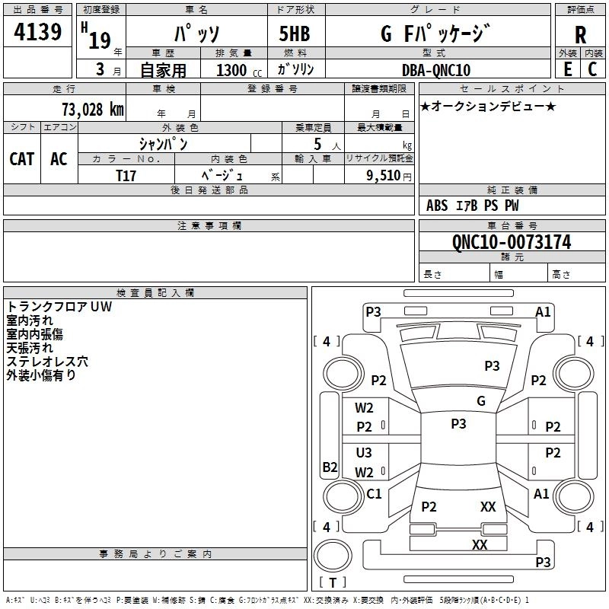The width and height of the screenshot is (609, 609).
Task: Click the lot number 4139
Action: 37,32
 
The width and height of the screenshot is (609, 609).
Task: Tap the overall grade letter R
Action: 580,35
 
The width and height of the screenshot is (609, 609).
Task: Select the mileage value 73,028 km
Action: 93,109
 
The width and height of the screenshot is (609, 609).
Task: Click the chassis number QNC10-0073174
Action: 512,241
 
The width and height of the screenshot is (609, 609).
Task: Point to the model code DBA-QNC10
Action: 436,70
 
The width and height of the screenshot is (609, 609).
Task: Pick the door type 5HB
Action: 295,33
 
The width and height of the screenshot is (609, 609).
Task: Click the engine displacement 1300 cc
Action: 239,70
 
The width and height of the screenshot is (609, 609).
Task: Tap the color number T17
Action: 126,176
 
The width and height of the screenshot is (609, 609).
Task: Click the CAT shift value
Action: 22,158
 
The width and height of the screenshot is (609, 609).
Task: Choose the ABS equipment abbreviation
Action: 437,205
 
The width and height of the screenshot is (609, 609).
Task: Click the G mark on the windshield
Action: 481,400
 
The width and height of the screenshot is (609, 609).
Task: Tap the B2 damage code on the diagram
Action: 330,467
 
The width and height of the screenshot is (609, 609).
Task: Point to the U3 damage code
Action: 364,452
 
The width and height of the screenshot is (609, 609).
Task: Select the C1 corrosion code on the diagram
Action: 374,493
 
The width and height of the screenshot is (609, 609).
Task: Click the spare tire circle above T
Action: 333,556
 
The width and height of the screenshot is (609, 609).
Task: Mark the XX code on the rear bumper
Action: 480,544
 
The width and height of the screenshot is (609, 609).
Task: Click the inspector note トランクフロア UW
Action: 59,307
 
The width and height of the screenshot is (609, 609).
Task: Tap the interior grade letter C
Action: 592,69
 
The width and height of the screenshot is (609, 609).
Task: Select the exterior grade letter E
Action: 567,69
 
